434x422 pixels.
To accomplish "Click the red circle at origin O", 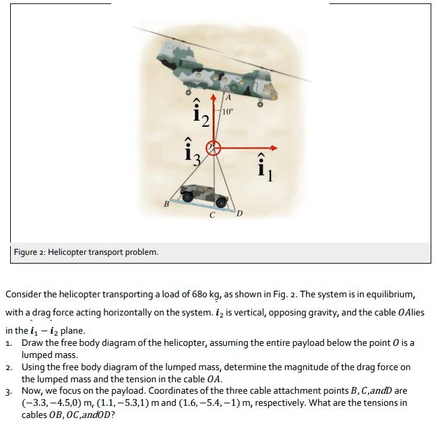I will (214, 148).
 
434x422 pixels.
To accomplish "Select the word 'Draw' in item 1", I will (33, 343).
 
